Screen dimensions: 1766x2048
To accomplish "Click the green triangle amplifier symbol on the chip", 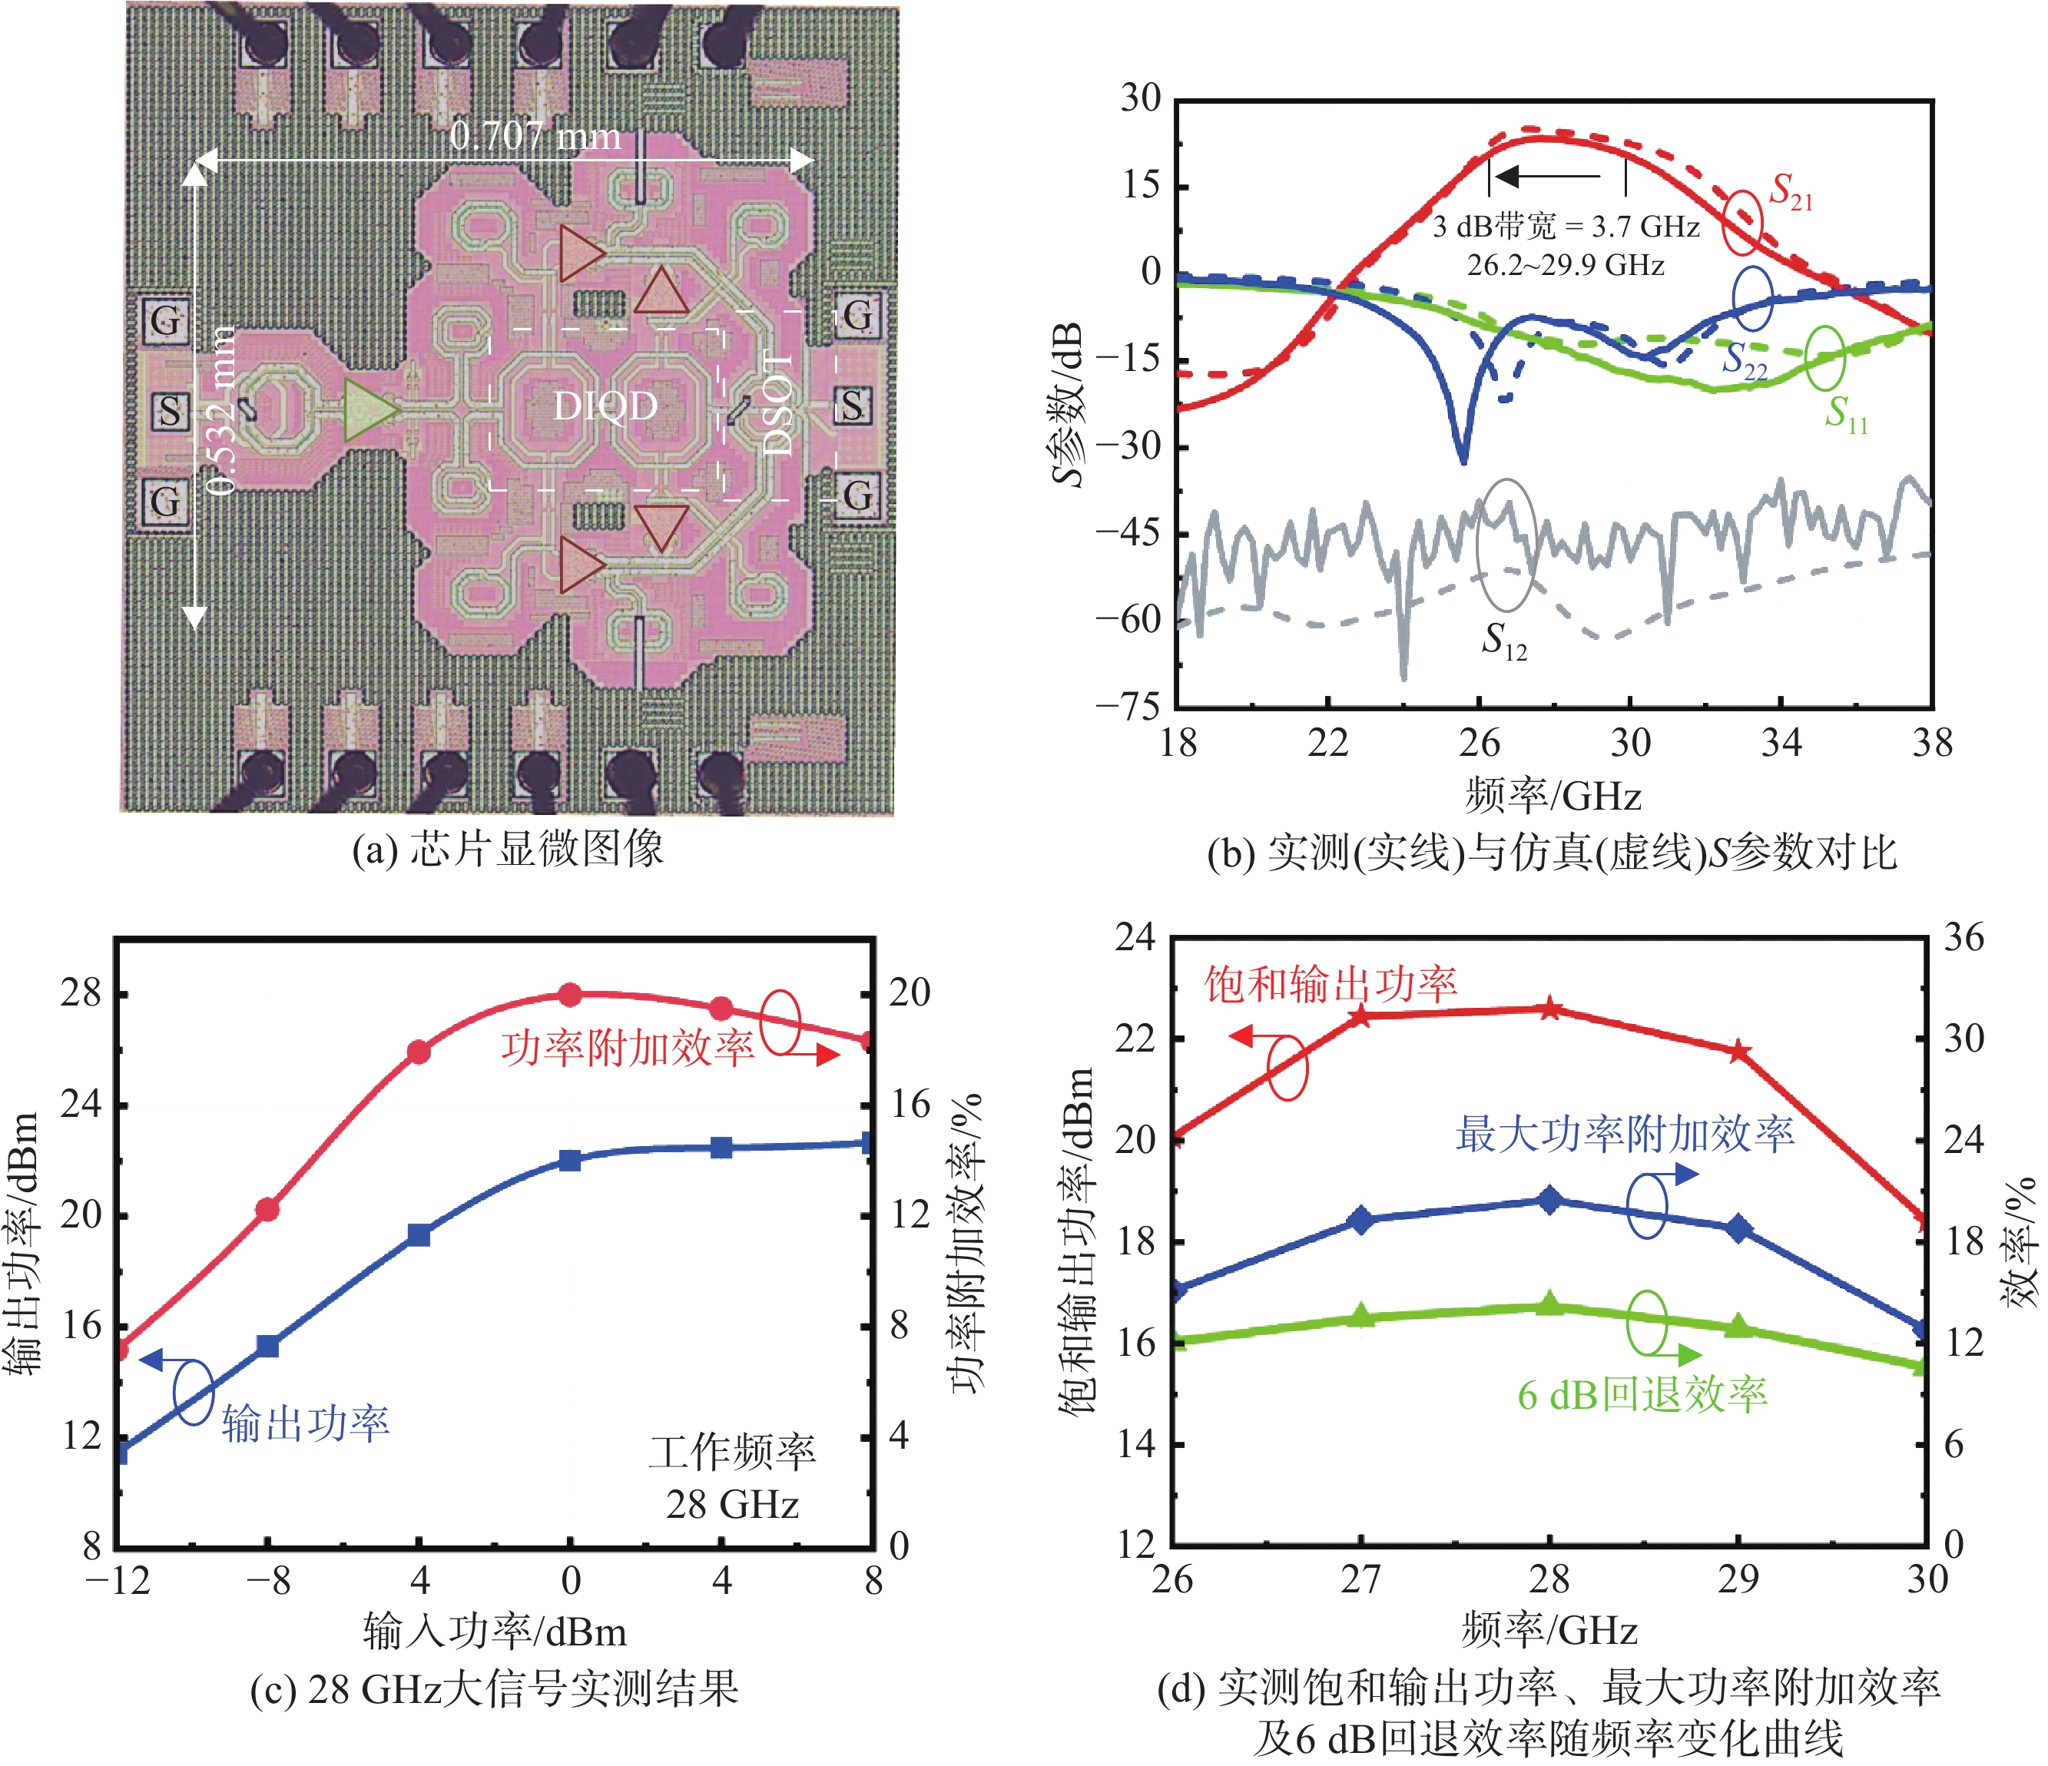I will [368, 409].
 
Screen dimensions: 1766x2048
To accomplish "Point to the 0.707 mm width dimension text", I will [535, 135].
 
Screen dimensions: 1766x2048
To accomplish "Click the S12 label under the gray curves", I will [1503, 641].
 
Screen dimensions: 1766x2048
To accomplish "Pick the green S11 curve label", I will [1845, 413].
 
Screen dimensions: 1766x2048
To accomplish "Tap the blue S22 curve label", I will [1744, 361].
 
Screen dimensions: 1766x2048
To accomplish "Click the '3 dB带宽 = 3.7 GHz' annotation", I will [1566, 227].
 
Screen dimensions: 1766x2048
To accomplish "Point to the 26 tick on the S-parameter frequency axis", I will [1479, 743].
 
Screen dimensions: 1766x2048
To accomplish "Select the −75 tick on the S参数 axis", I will [1127, 706].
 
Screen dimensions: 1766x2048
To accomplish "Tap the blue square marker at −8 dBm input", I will [268, 1346].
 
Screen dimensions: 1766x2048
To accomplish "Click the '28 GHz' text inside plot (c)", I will [732, 1504].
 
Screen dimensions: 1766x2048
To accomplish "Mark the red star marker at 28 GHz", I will [1550, 1009].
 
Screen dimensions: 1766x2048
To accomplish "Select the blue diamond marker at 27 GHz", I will [1362, 1220].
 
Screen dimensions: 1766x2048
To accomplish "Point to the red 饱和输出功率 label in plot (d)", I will [1331, 983].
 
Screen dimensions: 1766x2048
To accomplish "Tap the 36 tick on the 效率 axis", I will [1964, 937].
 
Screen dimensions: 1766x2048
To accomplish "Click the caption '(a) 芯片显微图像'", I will [508, 849].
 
